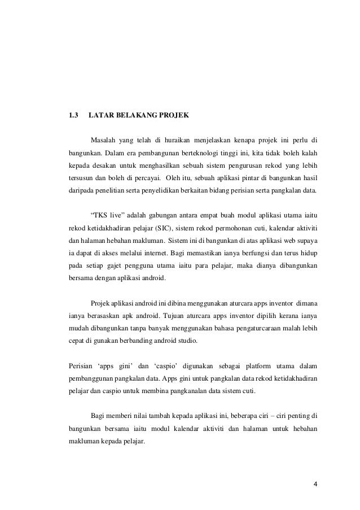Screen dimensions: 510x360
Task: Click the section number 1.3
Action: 73,116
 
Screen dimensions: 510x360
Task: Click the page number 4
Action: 315,483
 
